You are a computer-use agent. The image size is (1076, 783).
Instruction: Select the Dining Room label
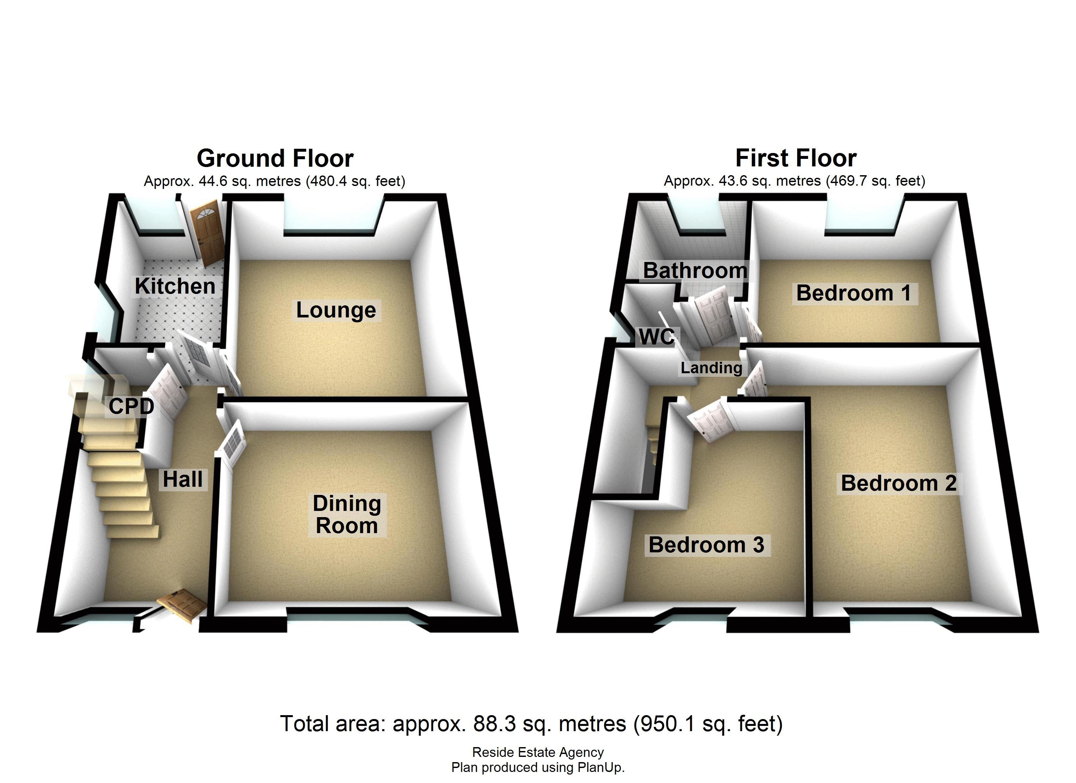pos(347,515)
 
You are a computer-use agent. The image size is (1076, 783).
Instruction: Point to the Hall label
pos(183,479)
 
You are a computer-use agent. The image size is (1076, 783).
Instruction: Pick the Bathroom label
pos(695,271)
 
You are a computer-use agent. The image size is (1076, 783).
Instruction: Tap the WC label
pos(657,337)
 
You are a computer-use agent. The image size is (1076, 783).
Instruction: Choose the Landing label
pos(711,368)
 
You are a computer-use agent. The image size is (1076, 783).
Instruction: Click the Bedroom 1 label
pos(854,293)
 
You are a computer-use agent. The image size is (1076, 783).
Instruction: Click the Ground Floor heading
pos(275,158)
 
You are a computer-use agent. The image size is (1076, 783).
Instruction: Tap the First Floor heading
pos(796,158)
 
